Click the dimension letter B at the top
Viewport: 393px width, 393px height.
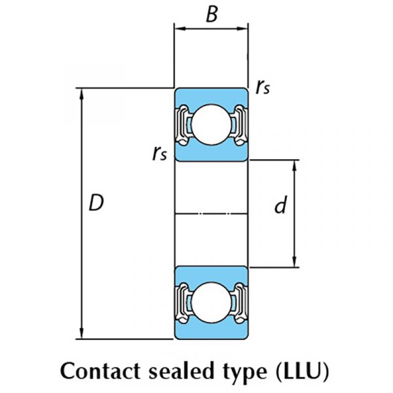click(x=212, y=14)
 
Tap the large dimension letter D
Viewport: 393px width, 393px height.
click(x=96, y=202)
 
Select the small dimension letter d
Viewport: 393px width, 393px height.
click(x=280, y=204)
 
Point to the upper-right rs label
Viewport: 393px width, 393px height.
click(x=263, y=88)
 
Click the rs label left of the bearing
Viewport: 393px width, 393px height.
click(x=160, y=153)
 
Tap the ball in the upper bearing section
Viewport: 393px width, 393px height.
click(x=211, y=124)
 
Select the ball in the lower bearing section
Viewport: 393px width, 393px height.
click(x=211, y=303)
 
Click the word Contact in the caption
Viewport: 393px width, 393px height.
click(x=100, y=371)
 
